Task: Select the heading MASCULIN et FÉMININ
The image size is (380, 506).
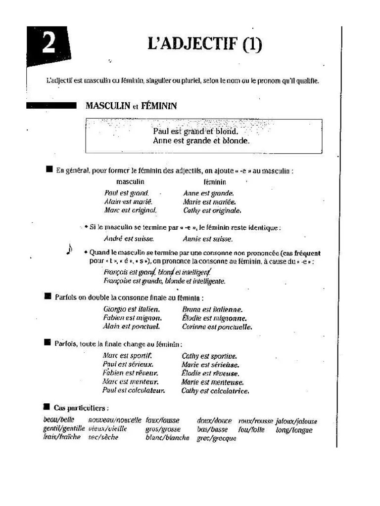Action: point(131,106)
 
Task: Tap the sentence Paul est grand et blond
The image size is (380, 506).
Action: point(195,132)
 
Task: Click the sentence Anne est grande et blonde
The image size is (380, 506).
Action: point(201,141)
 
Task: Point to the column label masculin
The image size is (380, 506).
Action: point(130,182)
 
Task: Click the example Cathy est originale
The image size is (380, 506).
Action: point(212,211)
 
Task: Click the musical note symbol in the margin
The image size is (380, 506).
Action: point(69,251)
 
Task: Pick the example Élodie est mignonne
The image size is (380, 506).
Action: point(214,318)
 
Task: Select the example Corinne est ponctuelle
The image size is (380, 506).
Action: point(217,327)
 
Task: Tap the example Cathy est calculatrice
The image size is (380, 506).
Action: point(215,391)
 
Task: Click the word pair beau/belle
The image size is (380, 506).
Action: point(55,421)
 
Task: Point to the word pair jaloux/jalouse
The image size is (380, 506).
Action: point(296,422)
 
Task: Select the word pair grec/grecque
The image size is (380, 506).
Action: point(216,438)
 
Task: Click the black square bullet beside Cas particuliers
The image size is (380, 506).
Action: point(47,407)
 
